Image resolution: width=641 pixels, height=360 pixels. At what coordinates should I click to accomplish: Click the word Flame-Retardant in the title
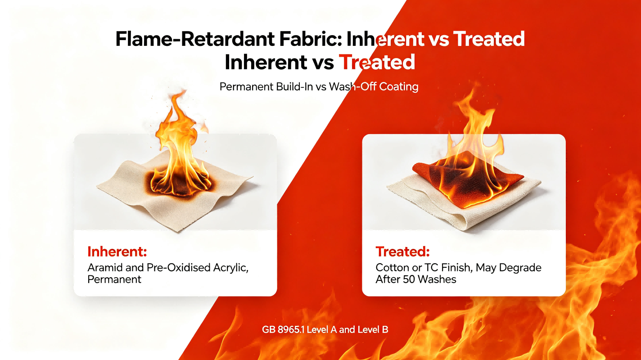(195, 39)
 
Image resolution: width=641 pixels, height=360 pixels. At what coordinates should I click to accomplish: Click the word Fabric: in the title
(310, 39)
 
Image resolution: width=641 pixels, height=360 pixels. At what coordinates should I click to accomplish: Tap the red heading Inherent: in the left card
(117, 252)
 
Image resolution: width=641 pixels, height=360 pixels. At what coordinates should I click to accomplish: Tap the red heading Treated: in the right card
(402, 252)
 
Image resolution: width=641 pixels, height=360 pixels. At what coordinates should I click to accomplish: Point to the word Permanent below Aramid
(114, 279)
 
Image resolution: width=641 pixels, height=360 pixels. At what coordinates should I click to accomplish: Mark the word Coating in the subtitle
(399, 87)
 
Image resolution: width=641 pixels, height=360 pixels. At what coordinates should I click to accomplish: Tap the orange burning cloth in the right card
(466, 180)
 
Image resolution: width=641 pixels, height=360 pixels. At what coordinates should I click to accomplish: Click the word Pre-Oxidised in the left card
(175, 268)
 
